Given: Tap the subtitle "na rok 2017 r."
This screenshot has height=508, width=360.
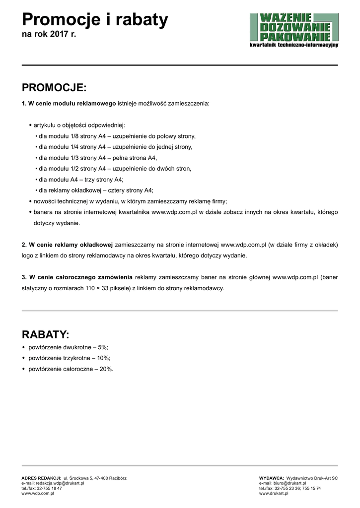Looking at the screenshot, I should click(49, 35).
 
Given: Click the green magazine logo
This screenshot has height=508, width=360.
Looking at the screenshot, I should click(294, 30).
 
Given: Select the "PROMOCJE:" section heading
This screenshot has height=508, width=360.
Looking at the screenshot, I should click(54, 88).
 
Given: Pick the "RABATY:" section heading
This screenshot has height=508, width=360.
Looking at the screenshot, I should click(46, 334).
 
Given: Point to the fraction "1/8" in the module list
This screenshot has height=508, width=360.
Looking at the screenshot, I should click(76, 136).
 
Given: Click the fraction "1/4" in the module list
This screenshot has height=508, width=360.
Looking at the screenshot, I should click(76, 147).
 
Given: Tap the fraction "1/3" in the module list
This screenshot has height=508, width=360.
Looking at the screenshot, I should click(76, 158).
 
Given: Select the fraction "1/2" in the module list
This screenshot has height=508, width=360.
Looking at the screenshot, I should click(76, 169).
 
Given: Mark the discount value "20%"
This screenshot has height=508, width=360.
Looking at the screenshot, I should click(106, 369).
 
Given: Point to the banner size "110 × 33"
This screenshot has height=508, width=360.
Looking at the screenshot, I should click(98, 288).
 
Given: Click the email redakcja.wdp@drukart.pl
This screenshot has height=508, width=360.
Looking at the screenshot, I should click(53, 483).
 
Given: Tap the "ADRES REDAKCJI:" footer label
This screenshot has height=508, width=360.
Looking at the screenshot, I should click(41, 478).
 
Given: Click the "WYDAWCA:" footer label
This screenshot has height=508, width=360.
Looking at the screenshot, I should click(271, 478).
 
